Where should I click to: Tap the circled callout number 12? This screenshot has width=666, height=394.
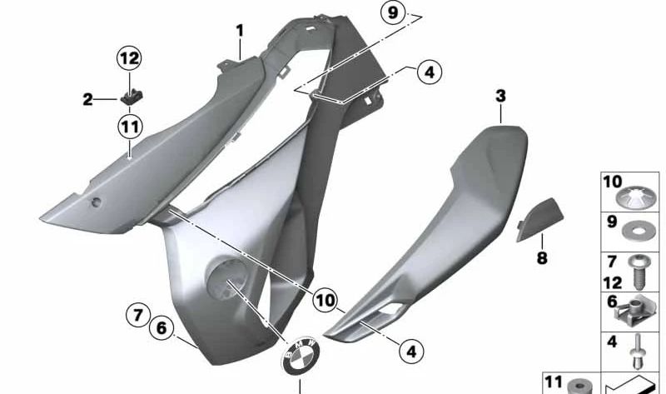(x=129, y=59)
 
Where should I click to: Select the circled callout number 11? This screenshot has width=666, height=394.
(x=129, y=127)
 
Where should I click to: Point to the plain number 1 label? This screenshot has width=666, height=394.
(x=240, y=31)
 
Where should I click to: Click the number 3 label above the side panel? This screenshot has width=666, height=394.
(x=500, y=97)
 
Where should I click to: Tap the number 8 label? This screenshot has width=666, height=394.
(x=542, y=258)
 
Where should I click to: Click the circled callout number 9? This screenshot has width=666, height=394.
(x=394, y=13)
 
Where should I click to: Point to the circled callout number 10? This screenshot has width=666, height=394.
(x=325, y=297)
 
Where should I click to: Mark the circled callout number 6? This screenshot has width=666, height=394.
(x=161, y=328)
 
